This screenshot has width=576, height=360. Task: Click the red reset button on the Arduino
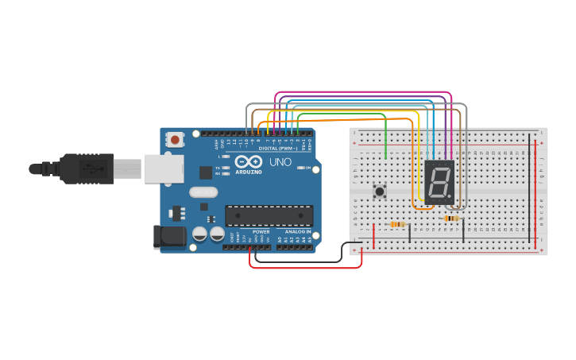(175, 140)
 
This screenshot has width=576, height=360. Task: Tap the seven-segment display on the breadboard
(439, 181)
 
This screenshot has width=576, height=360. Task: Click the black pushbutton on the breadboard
(380, 191)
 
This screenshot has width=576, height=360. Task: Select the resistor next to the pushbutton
(397, 224)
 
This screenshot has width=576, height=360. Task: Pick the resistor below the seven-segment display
(451, 218)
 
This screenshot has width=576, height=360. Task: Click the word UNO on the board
(280, 162)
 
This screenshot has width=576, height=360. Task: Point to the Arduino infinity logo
(249, 161)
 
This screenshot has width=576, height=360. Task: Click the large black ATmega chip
(269, 215)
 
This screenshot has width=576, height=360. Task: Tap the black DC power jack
(168, 236)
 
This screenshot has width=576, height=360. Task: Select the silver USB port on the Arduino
(164, 168)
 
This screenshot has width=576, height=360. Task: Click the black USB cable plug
(87, 168)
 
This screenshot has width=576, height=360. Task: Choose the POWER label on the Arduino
(261, 231)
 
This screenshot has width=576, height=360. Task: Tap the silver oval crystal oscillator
(203, 192)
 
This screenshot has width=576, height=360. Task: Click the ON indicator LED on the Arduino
(300, 168)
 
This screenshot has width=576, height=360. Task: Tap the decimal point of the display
(450, 196)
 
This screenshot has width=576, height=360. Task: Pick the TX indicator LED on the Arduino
(226, 168)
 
